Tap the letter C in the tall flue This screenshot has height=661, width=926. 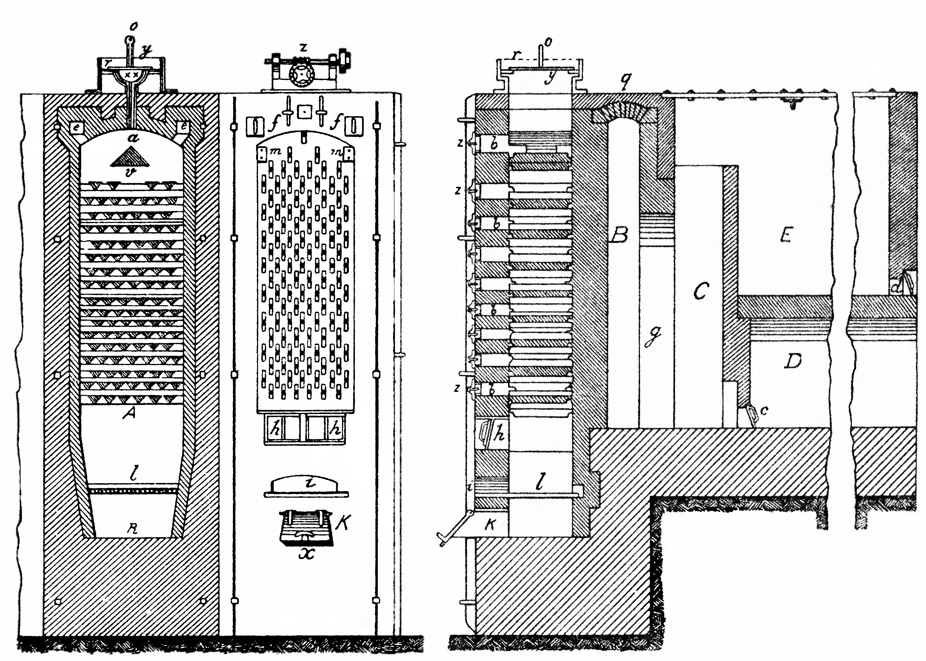tap(700, 290)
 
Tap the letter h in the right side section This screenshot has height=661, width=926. tap(499, 435)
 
